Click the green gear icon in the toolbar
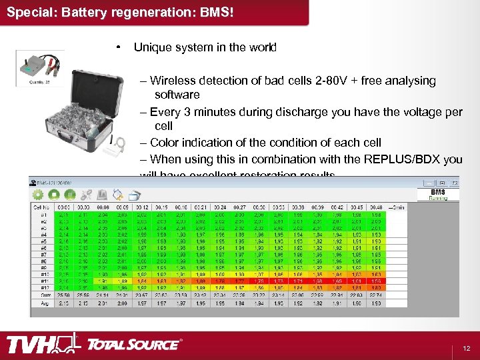(37, 195)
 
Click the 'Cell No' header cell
(41, 207)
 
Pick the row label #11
(43, 281)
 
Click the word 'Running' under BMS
(438, 198)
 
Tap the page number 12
(466, 348)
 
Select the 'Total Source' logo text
(133, 345)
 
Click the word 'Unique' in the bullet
(151, 48)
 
